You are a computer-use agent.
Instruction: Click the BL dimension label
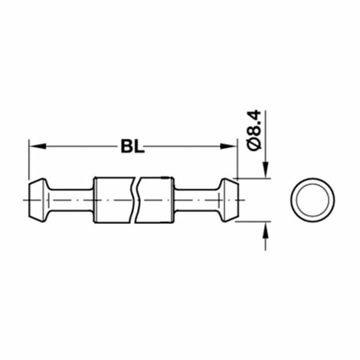tap(133, 146)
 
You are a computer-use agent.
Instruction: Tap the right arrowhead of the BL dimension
tap(230, 146)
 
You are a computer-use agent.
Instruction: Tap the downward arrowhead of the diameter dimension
tap(265, 172)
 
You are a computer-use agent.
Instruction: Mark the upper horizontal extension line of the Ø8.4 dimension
tap(252, 178)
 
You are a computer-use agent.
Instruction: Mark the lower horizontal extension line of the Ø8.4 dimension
tap(252, 220)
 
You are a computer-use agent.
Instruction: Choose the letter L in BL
tap(139, 146)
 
